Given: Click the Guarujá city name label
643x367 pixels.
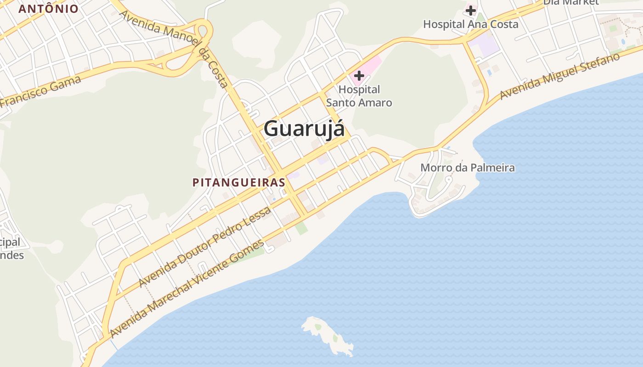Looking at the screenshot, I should click(x=304, y=128).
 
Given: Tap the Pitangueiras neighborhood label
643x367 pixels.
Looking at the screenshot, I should click(x=239, y=183).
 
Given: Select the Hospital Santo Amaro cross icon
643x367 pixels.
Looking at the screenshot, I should click(x=359, y=76).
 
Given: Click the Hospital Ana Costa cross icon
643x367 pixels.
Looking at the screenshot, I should click(x=471, y=10).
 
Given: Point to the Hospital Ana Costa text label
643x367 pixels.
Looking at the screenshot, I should click(x=471, y=24).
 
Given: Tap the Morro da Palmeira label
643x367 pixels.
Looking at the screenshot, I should click(x=468, y=168).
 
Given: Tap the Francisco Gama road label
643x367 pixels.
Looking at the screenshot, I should click(x=41, y=92).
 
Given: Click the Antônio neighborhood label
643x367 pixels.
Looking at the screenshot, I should click(x=49, y=9).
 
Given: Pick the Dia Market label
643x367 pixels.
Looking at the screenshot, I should click(x=571, y=2).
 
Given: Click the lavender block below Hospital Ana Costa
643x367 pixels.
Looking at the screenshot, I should click(x=485, y=46).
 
